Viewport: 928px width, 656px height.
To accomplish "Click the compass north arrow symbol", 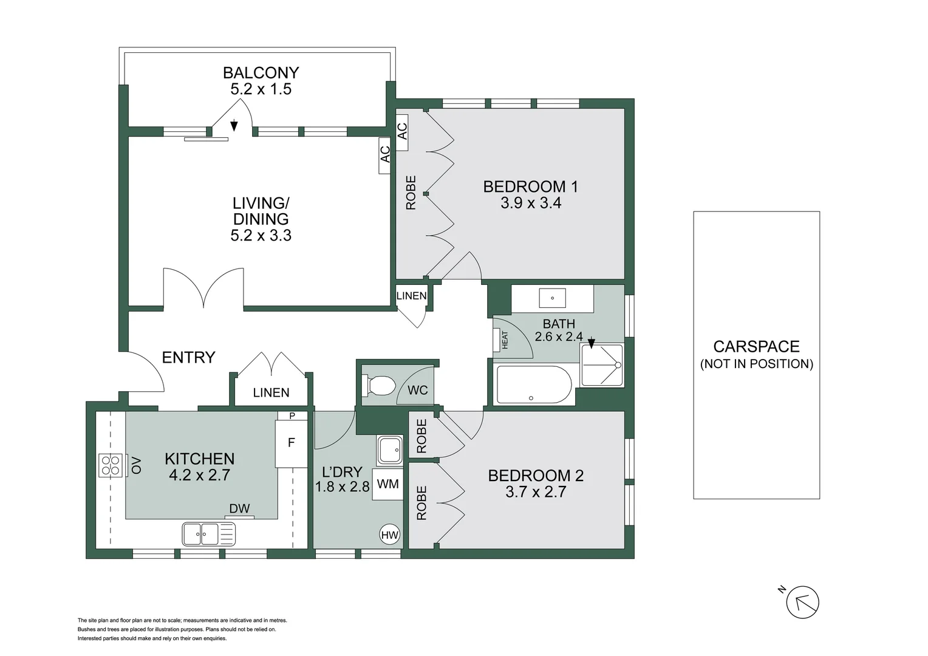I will tap(802, 603).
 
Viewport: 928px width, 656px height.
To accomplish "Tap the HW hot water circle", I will tap(389, 535).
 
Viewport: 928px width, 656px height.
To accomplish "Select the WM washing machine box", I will tap(387, 484).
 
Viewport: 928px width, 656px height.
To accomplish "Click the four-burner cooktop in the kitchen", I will tap(111, 465).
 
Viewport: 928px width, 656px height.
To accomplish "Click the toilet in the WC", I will tap(379, 386).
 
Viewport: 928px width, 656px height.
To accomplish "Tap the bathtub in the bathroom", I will tap(534, 384).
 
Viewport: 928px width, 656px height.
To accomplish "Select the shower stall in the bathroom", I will tap(601, 366).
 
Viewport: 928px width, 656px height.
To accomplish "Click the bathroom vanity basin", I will tap(552, 298).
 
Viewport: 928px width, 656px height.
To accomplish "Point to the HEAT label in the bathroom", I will tap(504, 340).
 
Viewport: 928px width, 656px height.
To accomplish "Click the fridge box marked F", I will tap(291, 443).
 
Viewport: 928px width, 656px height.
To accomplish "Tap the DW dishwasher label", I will tap(239, 509).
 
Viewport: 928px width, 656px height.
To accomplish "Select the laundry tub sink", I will tap(389, 450).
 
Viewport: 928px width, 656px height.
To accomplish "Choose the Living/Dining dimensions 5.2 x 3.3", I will tap(261, 236).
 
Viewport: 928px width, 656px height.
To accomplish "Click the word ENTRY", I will tap(188, 357).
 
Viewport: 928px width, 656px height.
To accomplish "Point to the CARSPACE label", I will tap(756, 347).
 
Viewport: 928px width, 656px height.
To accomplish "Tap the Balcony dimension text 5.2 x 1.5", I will tap(261, 89).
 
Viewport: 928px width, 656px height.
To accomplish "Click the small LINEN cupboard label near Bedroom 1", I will tap(411, 296).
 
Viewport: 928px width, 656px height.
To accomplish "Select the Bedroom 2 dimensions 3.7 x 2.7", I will tap(536, 491).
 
